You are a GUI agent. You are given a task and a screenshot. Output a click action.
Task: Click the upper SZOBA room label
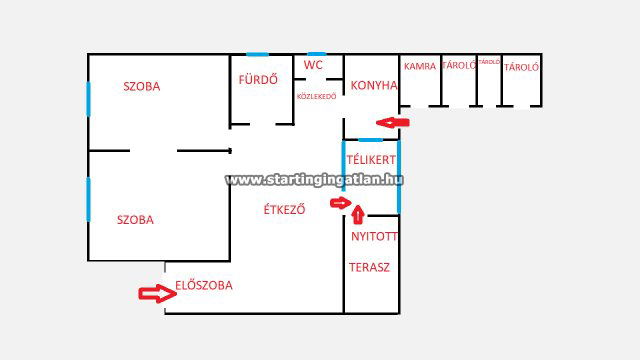[x=141, y=86]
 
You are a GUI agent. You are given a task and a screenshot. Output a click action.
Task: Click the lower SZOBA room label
[x=135, y=220]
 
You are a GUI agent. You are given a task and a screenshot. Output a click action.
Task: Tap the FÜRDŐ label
[x=258, y=79]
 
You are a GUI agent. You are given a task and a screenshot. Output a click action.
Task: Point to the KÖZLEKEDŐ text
[x=316, y=96]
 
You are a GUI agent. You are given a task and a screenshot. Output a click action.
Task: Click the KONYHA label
[x=374, y=87]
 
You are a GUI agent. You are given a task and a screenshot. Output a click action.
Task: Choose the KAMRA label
[x=420, y=67]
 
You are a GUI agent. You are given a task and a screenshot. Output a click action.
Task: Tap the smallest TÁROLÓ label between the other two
[x=489, y=62]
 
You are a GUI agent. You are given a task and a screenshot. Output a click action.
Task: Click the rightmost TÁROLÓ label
[x=522, y=67]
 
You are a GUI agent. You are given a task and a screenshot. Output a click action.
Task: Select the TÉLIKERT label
[x=371, y=160]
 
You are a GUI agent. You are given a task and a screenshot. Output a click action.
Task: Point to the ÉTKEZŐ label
[x=284, y=210]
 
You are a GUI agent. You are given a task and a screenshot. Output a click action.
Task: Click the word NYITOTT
[x=373, y=238]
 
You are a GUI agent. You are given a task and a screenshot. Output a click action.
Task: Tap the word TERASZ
[x=369, y=268]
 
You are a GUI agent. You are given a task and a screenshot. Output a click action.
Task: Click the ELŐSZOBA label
[x=204, y=285]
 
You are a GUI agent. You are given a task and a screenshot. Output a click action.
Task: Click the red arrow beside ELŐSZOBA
[x=154, y=293]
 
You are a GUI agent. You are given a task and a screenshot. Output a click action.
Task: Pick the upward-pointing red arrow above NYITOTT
[x=360, y=212]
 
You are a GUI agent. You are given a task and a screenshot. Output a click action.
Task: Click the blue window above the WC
[x=317, y=54]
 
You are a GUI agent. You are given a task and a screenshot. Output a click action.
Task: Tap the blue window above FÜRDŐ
[x=258, y=54]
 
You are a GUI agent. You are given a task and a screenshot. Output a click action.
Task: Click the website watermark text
[x=314, y=180]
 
